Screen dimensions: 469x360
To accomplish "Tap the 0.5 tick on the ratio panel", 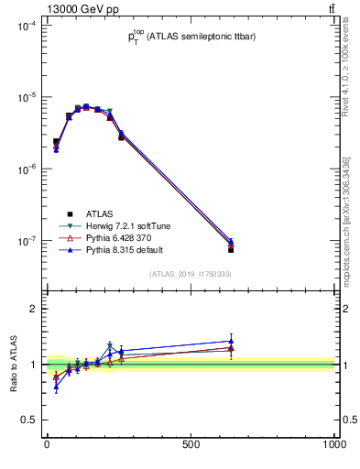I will [x=29, y=420].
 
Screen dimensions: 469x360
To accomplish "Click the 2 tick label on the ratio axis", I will [x=33, y=309].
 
